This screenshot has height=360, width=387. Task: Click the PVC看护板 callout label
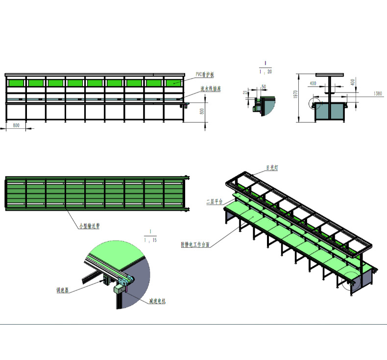point(205,74)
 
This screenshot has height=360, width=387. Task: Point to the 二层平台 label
point(215,201)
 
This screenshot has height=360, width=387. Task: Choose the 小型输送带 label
point(89,226)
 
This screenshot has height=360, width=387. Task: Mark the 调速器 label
point(62,290)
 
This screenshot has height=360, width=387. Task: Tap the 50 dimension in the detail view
point(264,87)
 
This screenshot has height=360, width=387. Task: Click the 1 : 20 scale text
point(266,72)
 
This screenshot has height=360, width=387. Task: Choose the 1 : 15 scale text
point(150,240)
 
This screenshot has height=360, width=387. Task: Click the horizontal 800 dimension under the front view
point(16,126)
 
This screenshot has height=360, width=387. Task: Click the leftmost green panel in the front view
point(16,83)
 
